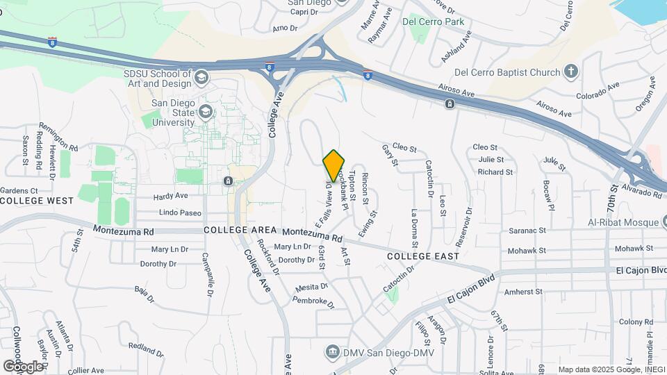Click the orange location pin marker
click(334, 165)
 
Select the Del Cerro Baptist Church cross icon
click(570, 72)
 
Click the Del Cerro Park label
click(437, 22)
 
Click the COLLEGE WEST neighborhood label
click(37, 201)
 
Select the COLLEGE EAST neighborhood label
click(423, 256)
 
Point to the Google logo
click(23, 365)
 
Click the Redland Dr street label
click(145, 349)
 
